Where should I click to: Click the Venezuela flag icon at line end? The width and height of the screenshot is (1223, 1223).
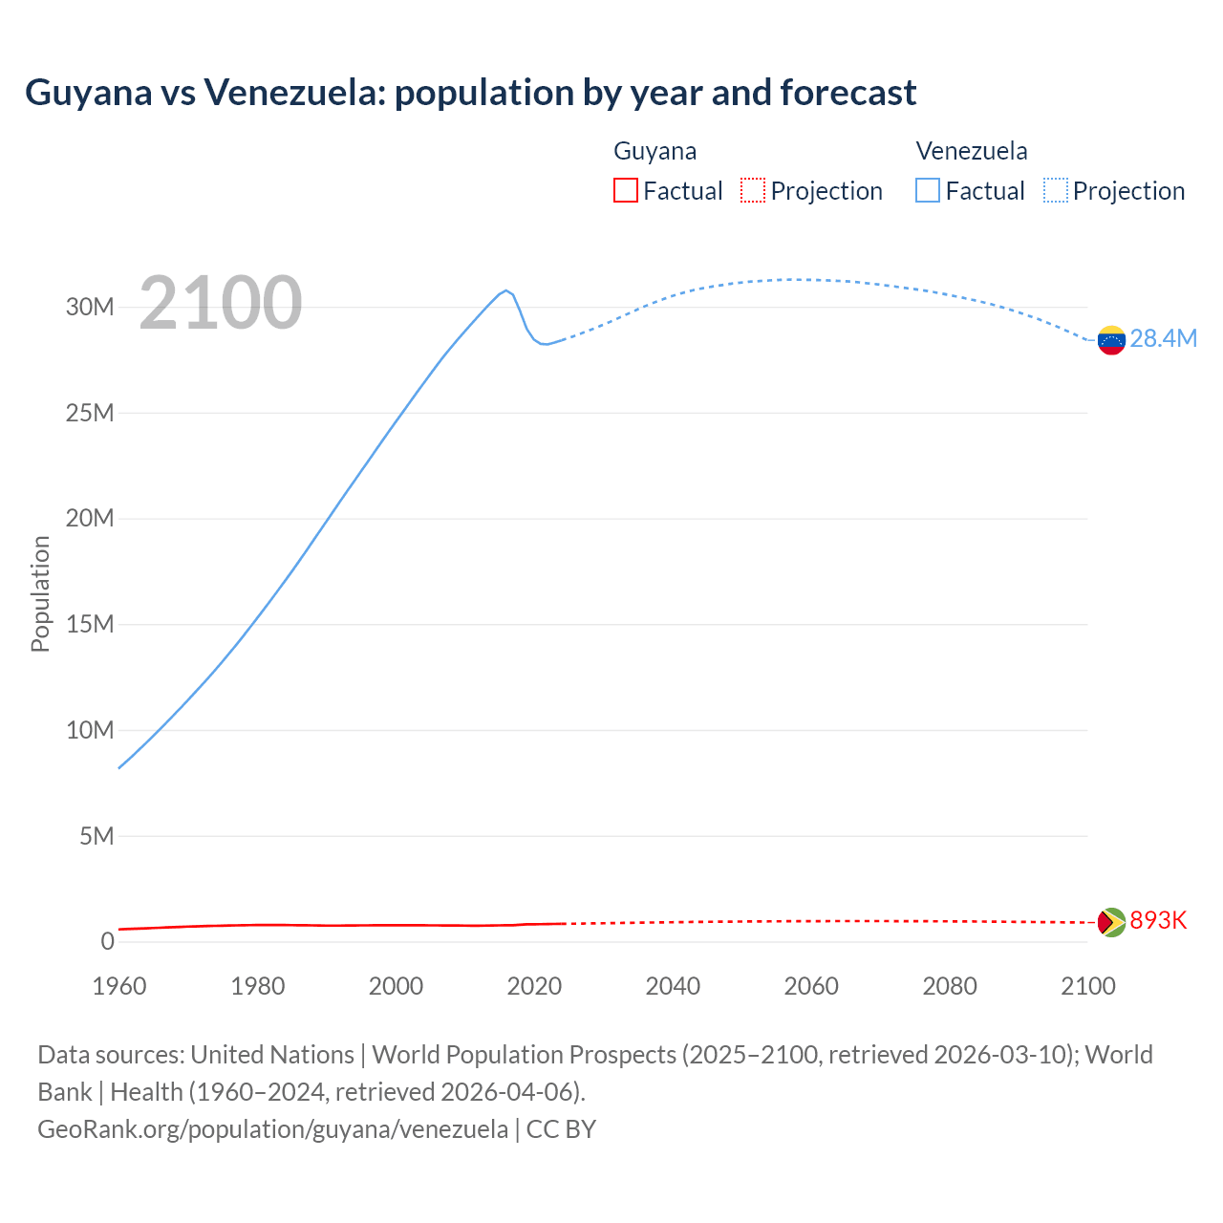(1111, 340)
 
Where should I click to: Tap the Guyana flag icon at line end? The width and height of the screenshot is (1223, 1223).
(1111, 922)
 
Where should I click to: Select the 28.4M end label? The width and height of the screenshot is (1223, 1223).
(1163, 339)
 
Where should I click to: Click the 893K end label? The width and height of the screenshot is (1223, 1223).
(1158, 920)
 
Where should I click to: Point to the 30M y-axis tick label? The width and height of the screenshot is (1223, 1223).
(90, 308)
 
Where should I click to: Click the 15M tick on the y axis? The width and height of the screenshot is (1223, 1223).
(90, 625)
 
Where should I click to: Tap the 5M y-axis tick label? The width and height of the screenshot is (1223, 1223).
(97, 837)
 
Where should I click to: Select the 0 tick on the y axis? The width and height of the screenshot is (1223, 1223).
(107, 942)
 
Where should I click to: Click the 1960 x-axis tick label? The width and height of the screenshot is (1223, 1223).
(119, 986)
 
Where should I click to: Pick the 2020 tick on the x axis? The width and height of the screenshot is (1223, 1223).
(534, 986)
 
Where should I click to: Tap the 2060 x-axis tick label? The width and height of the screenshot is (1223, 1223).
(811, 986)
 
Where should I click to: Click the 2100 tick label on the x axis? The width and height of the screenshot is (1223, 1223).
(1087, 986)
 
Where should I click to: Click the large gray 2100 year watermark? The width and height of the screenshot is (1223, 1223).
(221, 304)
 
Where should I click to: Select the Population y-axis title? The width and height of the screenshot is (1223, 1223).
(40, 593)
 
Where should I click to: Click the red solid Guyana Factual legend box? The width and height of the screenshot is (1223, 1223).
(626, 191)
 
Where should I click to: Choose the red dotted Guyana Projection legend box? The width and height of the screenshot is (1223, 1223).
(753, 191)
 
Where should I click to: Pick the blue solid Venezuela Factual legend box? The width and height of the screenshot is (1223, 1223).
(928, 191)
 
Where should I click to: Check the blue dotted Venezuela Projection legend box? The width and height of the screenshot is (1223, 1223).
(1056, 191)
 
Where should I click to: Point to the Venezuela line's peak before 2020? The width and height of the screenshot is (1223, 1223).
(506, 290)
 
